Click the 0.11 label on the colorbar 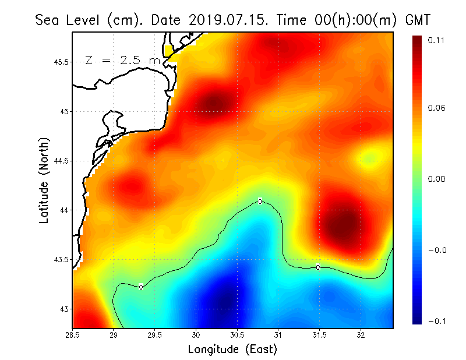click(436, 40)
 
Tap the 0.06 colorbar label click(436, 108)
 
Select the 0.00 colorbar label click(436, 179)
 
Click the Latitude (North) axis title click(44, 181)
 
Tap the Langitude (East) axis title click(232, 350)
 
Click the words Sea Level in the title click(69, 20)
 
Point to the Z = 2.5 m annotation click(122, 60)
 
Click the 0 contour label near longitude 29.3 click(141, 287)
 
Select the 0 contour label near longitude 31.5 click(318, 267)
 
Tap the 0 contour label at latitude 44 click(260, 202)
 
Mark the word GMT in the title click(417, 20)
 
